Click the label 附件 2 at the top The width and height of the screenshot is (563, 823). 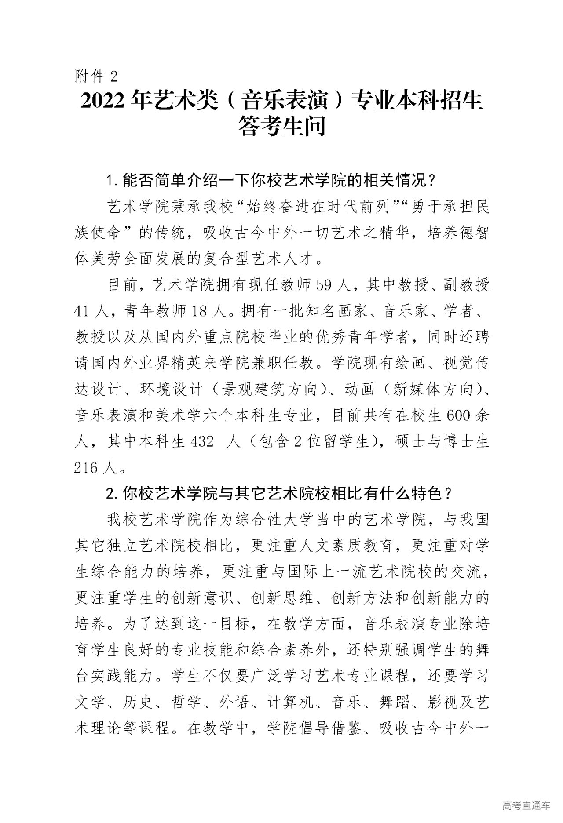tap(96, 76)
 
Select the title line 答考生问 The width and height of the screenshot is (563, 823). tap(281, 127)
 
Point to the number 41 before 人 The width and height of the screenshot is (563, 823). tap(83, 311)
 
